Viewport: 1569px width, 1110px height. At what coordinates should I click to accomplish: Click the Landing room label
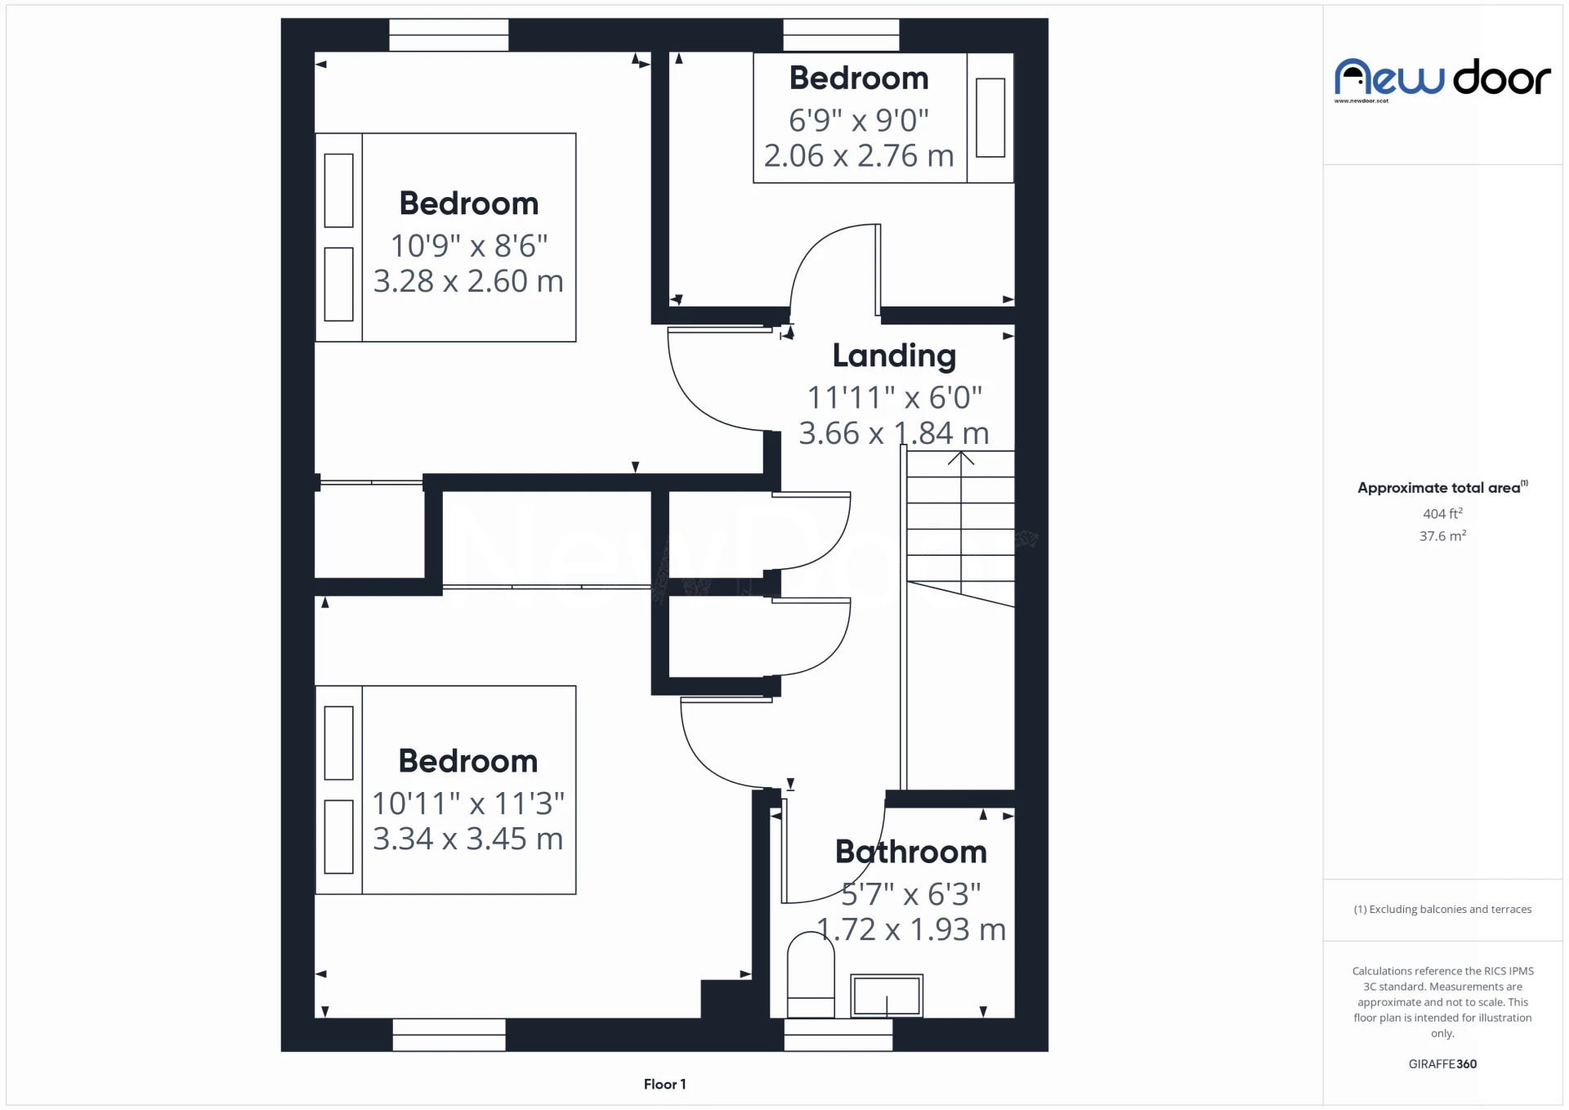click(x=894, y=356)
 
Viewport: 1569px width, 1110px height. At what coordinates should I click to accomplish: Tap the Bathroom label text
click(x=910, y=852)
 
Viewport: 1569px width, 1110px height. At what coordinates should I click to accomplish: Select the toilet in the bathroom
click(x=811, y=974)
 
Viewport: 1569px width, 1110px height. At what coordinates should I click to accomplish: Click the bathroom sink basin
click(x=887, y=995)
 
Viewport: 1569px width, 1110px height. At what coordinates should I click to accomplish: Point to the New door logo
click(x=1442, y=78)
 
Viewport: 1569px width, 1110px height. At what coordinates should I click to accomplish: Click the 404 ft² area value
click(x=1442, y=513)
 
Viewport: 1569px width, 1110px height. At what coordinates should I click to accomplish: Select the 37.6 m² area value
click(x=1442, y=536)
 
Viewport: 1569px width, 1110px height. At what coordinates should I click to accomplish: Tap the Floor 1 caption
click(x=664, y=1084)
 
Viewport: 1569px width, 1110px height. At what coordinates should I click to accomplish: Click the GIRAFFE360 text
click(x=1442, y=1063)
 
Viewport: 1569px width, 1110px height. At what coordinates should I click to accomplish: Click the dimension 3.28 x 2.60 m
click(x=468, y=281)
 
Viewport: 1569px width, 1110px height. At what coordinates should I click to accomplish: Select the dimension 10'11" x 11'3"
click(x=468, y=803)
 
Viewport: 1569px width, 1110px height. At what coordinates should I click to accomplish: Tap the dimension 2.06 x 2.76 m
click(x=859, y=155)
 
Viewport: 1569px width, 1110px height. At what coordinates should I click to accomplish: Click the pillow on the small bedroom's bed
click(x=990, y=117)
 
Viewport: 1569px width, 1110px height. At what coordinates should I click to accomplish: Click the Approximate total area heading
click(x=1442, y=487)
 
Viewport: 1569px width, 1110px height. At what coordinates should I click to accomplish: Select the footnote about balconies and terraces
click(x=1442, y=909)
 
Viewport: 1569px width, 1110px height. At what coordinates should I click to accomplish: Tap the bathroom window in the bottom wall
click(x=838, y=1035)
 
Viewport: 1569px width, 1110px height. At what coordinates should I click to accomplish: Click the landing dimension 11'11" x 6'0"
click(x=894, y=397)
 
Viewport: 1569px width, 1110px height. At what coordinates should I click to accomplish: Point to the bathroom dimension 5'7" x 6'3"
click(x=910, y=894)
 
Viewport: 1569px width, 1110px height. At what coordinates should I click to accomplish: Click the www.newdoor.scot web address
click(x=1361, y=101)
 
